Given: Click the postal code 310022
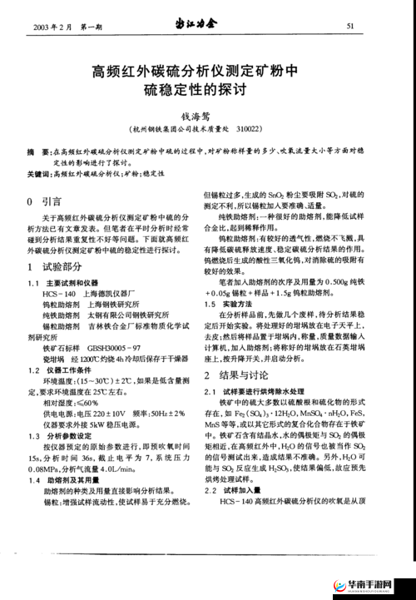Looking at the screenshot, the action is (x=248, y=130).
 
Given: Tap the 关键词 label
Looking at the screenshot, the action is (x=37, y=175).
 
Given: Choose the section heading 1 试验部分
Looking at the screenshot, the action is (x=54, y=265).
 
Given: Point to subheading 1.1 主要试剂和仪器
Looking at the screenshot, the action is (x=72, y=282).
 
